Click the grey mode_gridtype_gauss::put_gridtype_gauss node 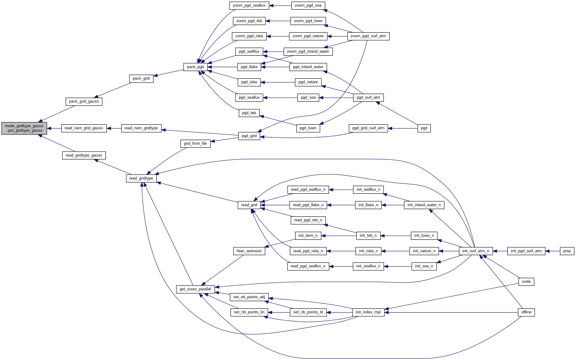24,128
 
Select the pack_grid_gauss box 84,101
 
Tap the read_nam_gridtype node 141,128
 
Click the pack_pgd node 195,67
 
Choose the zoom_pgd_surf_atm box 368,36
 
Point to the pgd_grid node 249,136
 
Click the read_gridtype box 141,178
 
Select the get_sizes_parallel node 195,289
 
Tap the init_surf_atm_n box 476,251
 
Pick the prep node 567,251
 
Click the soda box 526,282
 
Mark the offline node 526,312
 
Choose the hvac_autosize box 249,251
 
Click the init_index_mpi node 368,312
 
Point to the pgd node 424,128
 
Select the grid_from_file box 195,144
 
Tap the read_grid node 249,205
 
